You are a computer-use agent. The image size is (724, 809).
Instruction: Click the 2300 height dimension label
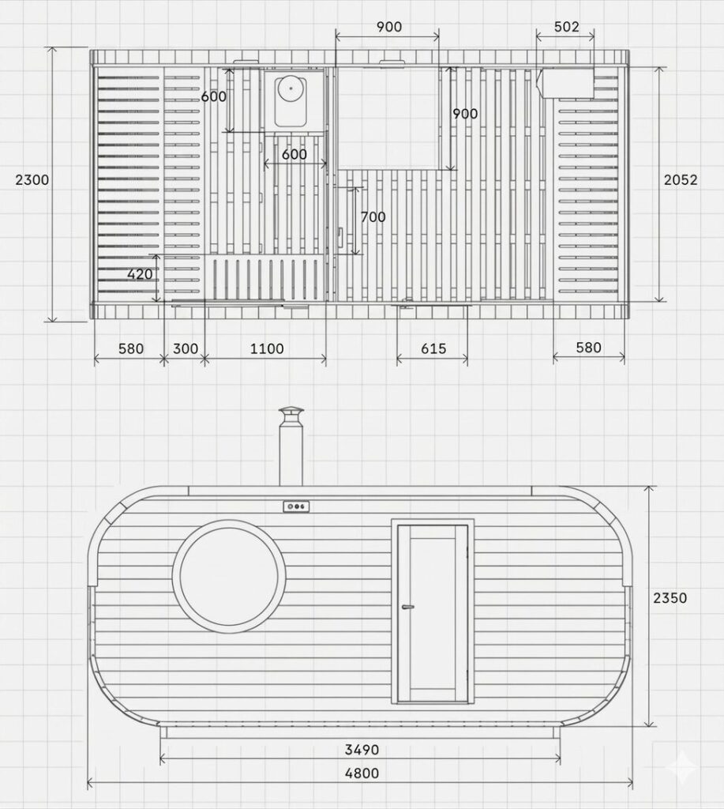click(32, 179)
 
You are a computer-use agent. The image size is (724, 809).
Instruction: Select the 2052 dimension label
click(681, 179)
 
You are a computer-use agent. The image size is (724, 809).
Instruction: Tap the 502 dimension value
click(567, 26)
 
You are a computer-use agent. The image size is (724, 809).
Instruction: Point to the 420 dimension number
click(140, 274)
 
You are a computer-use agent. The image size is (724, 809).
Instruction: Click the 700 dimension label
click(373, 216)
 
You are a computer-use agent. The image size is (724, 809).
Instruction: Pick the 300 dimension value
click(185, 348)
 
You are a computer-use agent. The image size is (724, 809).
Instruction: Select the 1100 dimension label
click(267, 348)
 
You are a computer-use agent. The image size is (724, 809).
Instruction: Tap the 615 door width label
click(433, 348)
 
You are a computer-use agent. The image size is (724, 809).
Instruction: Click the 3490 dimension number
click(362, 749)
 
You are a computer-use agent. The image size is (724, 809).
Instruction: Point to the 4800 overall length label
click(362, 773)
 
